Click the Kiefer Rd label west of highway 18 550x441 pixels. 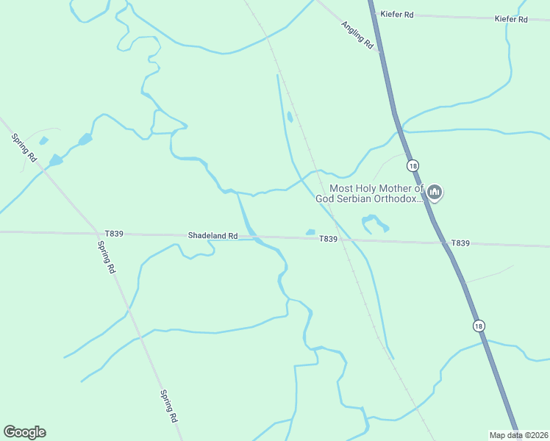(x=396, y=13)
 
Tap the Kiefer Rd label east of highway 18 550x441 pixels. (x=511, y=19)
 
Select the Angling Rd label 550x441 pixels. (x=357, y=35)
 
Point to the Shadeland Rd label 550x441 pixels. (x=213, y=236)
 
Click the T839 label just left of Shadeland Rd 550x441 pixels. (x=114, y=234)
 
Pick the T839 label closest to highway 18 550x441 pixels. (x=460, y=243)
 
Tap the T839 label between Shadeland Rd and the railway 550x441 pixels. (x=328, y=239)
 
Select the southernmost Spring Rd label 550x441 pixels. (x=169, y=405)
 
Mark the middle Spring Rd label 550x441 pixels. (x=107, y=257)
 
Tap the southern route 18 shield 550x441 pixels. (x=479, y=326)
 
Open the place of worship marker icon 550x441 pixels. (x=435, y=193)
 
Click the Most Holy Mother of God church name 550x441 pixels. (x=371, y=193)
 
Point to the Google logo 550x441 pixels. (x=24, y=432)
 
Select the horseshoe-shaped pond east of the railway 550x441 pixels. (x=373, y=222)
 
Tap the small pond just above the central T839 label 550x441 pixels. (x=310, y=232)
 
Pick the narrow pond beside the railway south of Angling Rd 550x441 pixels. (x=290, y=116)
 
